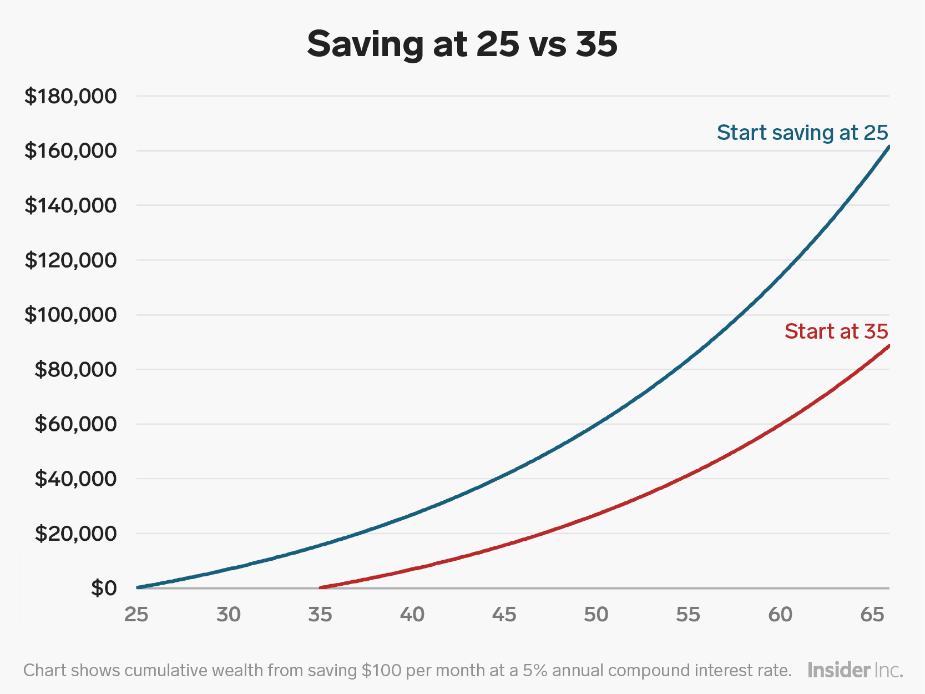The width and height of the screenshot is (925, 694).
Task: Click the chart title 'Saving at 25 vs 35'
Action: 462,44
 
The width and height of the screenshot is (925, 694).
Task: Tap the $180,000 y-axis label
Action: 70,96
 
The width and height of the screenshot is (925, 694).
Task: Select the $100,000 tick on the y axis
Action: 70,315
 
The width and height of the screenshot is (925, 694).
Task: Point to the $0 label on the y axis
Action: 104,587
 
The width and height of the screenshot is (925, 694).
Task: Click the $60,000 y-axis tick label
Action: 75,424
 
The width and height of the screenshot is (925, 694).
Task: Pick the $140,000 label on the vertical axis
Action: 70,205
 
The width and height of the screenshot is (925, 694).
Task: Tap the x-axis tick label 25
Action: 137,615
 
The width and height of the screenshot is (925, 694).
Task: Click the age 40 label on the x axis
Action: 412,615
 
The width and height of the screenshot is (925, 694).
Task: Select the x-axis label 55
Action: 688,615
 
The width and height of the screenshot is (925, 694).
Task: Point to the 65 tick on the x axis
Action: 872,615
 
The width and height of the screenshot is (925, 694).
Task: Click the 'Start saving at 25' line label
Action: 802,133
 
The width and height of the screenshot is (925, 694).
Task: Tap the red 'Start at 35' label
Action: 836,331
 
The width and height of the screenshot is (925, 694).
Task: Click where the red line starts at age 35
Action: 321,587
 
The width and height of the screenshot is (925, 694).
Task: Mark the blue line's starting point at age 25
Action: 138,587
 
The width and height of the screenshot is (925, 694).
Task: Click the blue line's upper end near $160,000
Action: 888,148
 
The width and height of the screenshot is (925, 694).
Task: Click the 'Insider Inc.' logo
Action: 855,670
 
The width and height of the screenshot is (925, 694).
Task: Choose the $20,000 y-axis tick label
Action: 75,534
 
